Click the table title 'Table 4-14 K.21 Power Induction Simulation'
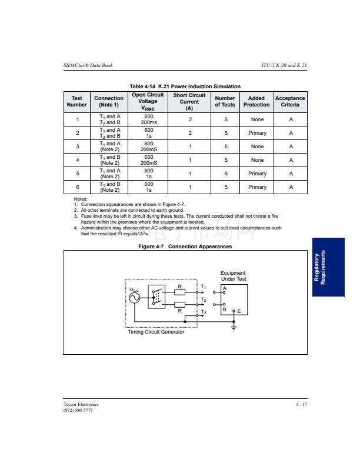click(x=185, y=86)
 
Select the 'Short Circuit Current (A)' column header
click(x=189, y=102)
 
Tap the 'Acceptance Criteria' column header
click(x=290, y=101)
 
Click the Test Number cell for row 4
click(x=77, y=160)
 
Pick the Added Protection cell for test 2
click(x=257, y=133)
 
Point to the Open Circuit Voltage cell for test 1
click(x=148, y=119)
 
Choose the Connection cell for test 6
click(x=109, y=187)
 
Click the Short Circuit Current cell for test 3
click(x=189, y=147)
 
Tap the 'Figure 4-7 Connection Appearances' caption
click(x=185, y=247)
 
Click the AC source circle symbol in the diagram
click(x=135, y=298)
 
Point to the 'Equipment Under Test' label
click(x=233, y=276)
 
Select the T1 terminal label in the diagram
click(x=204, y=287)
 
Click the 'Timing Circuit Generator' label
click(x=156, y=332)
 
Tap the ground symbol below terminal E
click(x=234, y=328)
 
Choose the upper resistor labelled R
click(x=180, y=292)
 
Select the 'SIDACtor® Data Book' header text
click(x=88, y=65)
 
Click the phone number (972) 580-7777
click(x=78, y=410)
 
